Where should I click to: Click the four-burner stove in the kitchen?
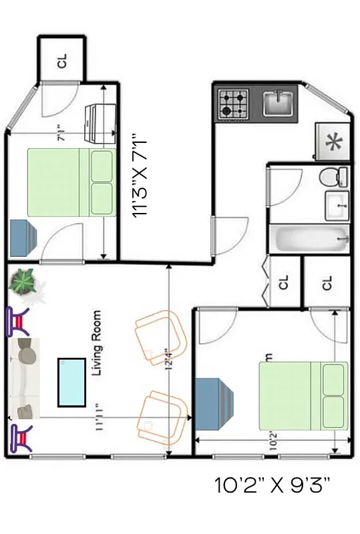coord(231,104)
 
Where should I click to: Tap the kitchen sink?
coord(277,103)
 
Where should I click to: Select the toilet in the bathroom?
coord(333,177)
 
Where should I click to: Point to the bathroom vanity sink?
coord(337,206)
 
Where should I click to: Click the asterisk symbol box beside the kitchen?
coord(331,143)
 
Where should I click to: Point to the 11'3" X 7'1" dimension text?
coord(140,174)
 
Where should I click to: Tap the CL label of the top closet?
coord(62,61)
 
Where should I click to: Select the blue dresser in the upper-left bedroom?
coord(23,238)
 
